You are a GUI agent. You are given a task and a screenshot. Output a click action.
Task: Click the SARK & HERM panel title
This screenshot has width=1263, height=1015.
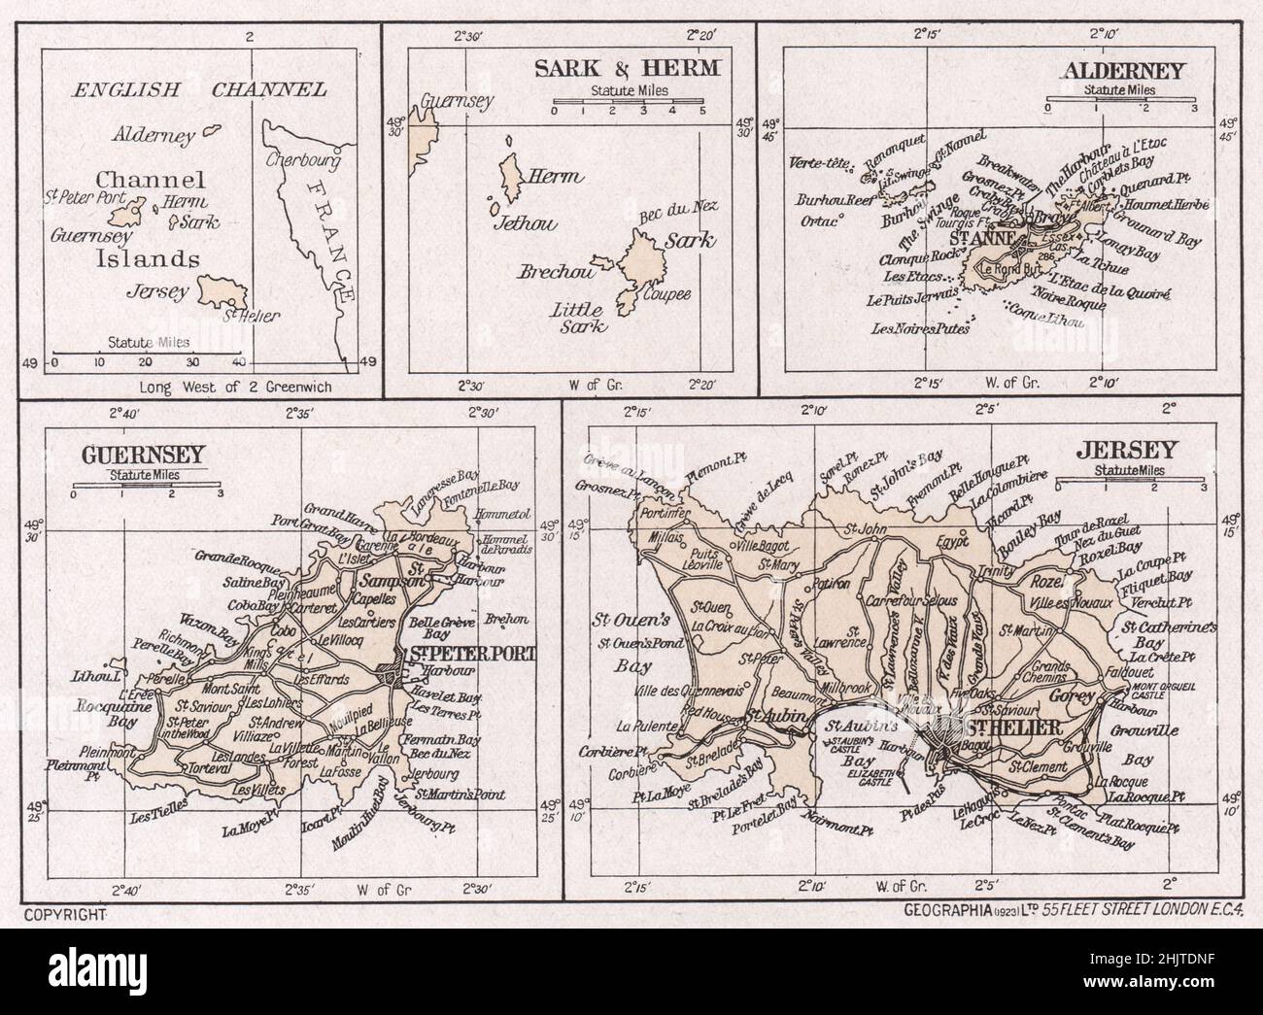pos(628,67)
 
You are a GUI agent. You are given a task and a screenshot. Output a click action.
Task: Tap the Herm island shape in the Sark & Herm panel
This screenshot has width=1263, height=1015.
pos(508,175)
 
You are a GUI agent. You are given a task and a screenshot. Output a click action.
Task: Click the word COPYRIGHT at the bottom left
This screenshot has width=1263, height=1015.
pos(64,914)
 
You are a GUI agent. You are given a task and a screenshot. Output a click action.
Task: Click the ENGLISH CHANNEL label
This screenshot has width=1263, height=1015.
pos(200,90)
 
